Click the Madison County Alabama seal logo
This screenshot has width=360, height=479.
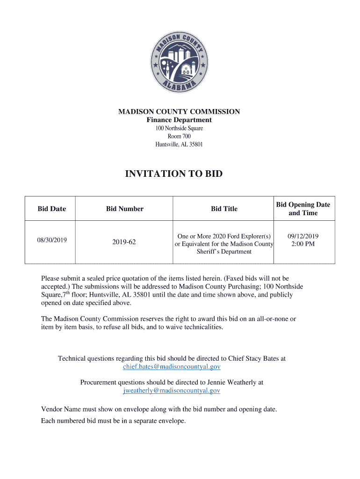click(179, 62)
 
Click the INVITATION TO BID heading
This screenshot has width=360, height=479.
click(174, 174)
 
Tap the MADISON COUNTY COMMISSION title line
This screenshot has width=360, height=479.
click(179, 112)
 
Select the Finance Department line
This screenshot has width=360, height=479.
click(179, 120)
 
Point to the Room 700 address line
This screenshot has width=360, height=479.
click(179, 136)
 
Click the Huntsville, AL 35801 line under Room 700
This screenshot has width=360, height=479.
click(179, 144)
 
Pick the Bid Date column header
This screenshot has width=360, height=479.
click(52, 209)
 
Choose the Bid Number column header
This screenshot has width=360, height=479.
click(125, 209)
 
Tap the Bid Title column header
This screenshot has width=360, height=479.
click(224, 209)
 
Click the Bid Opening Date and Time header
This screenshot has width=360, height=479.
click(303, 209)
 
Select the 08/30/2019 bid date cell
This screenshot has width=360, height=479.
click(52, 240)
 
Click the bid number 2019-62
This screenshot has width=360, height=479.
click(124, 242)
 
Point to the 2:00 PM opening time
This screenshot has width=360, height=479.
click(303, 244)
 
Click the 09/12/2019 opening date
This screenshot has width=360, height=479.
click(303, 236)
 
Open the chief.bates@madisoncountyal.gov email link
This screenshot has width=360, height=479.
click(172, 367)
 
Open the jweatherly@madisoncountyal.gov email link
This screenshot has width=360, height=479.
click(172, 391)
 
